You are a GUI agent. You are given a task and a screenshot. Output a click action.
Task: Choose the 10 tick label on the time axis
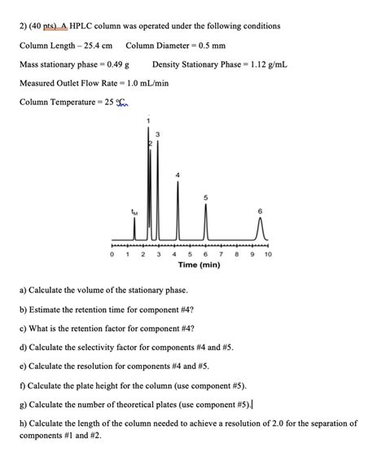(268, 254)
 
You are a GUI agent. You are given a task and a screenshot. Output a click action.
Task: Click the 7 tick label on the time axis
(221, 254)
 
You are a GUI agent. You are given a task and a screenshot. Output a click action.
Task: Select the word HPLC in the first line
(84, 24)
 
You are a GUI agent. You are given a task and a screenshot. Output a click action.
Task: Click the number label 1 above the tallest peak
(148, 121)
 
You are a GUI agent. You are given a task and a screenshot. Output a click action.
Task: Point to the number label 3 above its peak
(156, 133)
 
